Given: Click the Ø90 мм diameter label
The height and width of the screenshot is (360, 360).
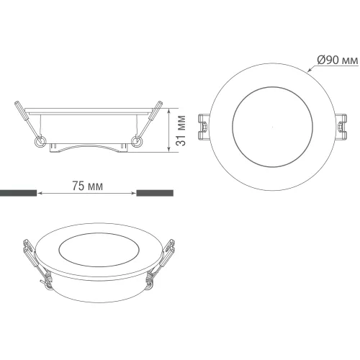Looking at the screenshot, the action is [x=338, y=60].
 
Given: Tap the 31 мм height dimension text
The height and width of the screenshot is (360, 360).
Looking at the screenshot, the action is [x=181, y=130].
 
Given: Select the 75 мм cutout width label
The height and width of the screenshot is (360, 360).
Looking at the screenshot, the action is [x=88, y=186].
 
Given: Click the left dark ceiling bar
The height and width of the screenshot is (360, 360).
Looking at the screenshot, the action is [x=18, y=193].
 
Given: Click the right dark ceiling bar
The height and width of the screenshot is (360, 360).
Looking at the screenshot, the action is [x=155, y=193].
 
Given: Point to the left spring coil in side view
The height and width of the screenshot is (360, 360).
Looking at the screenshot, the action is [x=40, y=142].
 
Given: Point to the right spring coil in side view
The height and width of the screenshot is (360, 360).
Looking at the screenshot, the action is [x=137, y=142].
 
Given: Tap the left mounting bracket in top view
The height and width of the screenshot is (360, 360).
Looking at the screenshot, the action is [x=204, y=127].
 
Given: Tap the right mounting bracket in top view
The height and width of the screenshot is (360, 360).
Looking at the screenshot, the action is [x=341, y=127].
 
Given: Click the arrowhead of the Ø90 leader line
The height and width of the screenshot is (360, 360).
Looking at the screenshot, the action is [x=310, y=70].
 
